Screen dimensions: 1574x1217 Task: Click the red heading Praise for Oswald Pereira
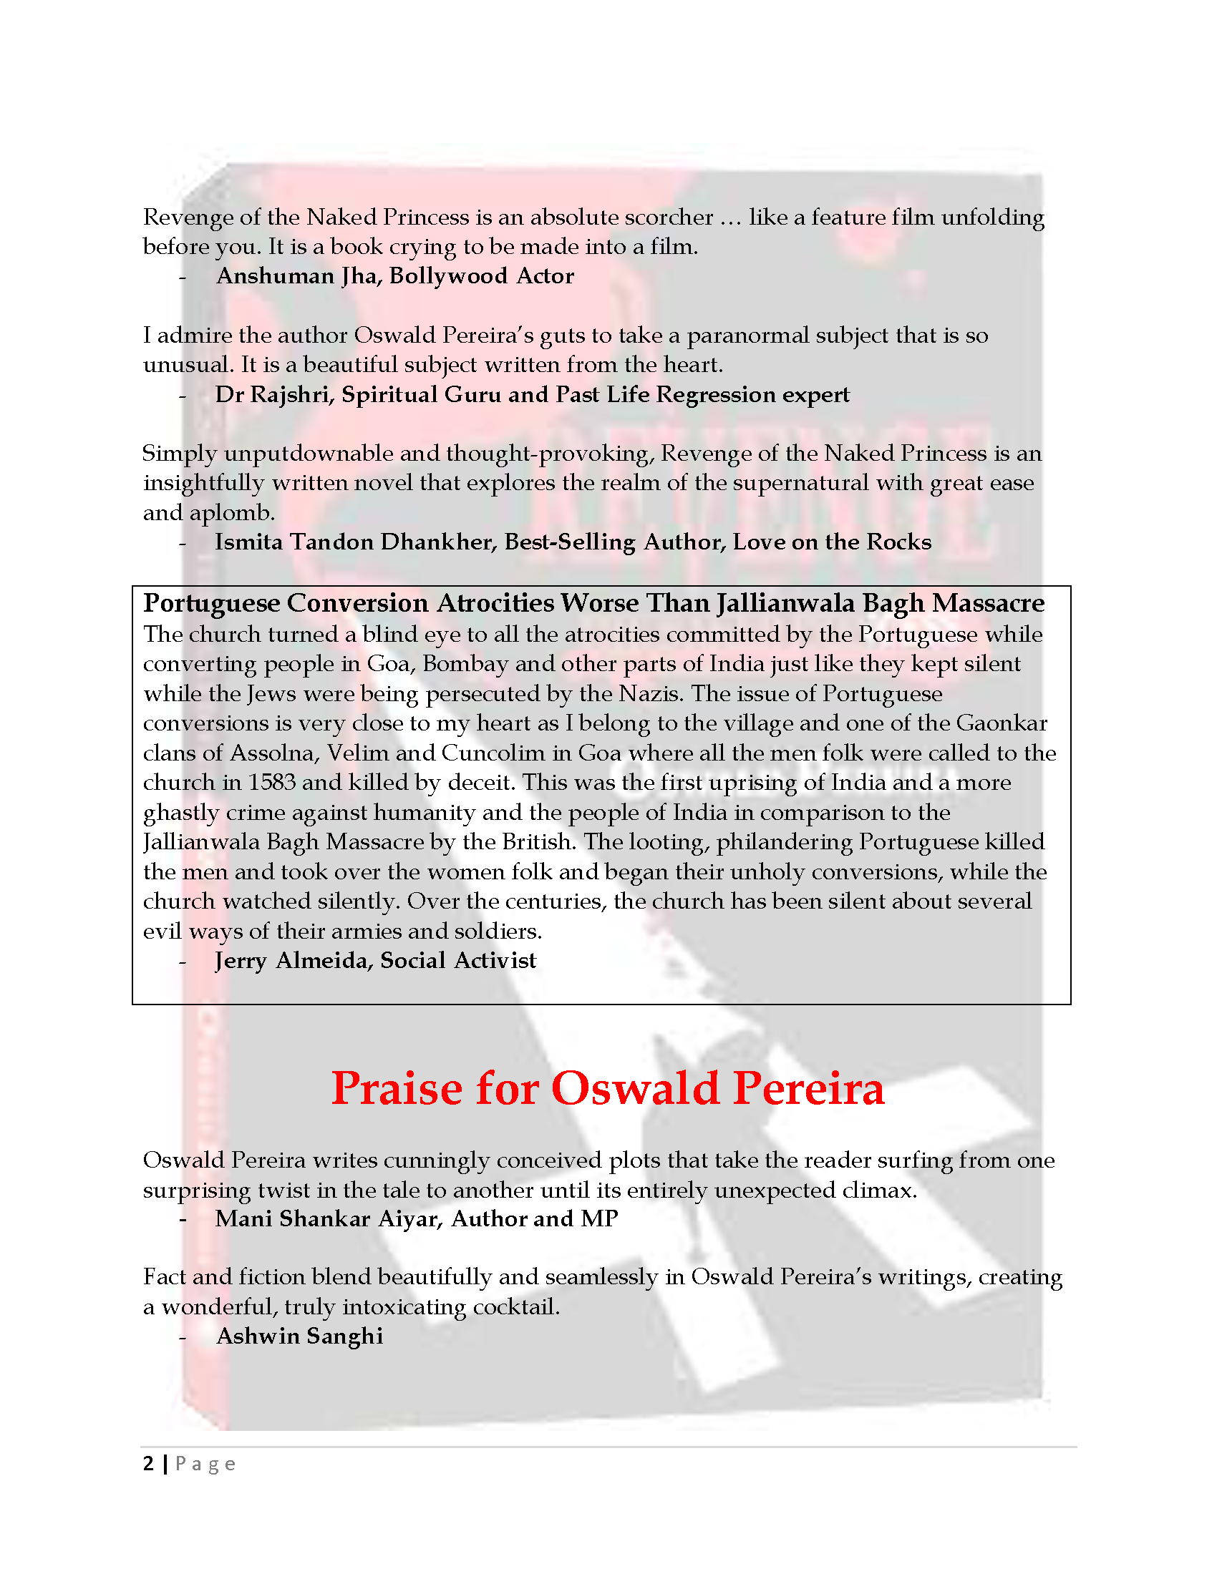pyautogui.click(x=607, y=1088)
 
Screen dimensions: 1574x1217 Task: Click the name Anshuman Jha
pyautogui.click(x=297, y=276)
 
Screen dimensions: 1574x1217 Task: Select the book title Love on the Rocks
pyautogui.click(x=832, y=542)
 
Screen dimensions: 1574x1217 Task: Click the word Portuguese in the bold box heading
pyautogui.click(x=213, y=603)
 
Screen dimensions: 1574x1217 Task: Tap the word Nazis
pyautogui.click(x=651, y=693)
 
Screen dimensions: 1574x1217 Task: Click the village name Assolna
pyautogui.click(x=272, y=753)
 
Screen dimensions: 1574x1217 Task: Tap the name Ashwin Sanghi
pyautogui.click(x=300, y=1336)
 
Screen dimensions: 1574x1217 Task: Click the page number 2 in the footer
pyautogui.click(x=148, y=1464)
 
